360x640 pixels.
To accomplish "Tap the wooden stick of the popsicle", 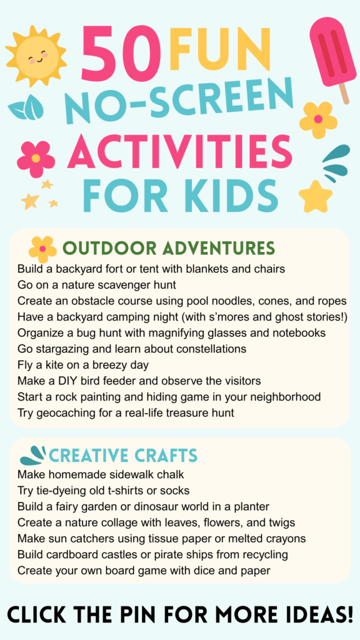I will [343, 92].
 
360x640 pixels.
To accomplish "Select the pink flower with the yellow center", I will [36, 157].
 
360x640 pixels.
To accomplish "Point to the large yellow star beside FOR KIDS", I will [315, 196].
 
